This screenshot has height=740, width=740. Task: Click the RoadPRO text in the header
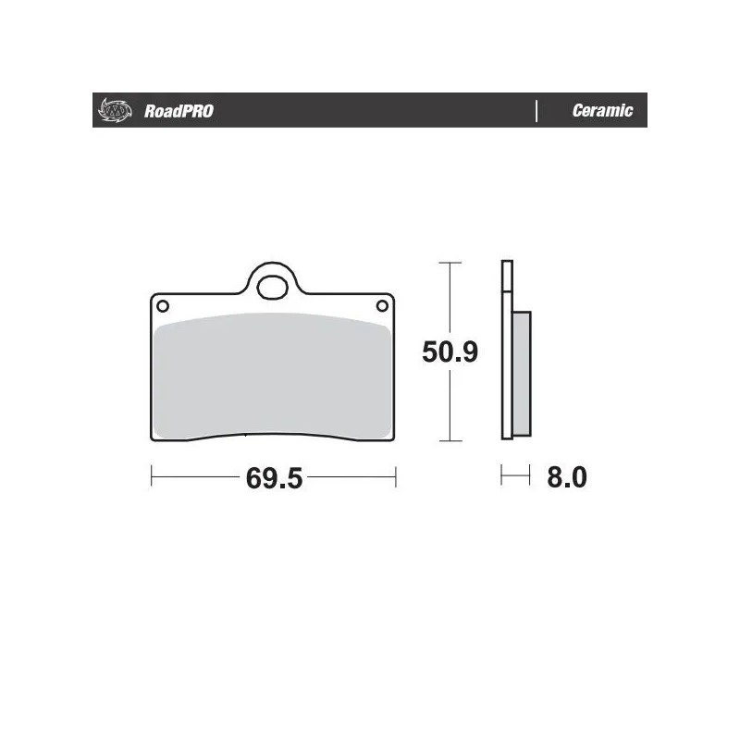[x=179, y=111]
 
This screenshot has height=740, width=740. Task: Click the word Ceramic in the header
[x=602, y=111]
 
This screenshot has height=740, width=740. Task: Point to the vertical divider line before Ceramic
[x=536, y=111]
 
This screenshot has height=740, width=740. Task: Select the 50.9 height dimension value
[x=450, y=351]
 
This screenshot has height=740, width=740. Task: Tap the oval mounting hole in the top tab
[x=274, y=287]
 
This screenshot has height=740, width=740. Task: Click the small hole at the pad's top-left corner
[x=162, y=306]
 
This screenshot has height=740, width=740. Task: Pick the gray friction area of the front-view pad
[x=274, y=375]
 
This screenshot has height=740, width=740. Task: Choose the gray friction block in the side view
[x=522, y=375]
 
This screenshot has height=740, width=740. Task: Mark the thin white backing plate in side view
[x=506, y=351]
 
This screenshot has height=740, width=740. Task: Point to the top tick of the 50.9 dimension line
[x=450, y=264]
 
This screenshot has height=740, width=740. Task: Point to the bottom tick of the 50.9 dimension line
[x=450, y=440]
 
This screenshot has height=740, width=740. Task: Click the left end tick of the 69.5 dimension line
[x=151, y=477]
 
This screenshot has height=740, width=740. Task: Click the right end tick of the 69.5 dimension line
[x=396, y=477]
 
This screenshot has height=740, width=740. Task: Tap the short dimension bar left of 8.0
[x=515, y=477]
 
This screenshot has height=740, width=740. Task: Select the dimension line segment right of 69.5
[x=351, y=477]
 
